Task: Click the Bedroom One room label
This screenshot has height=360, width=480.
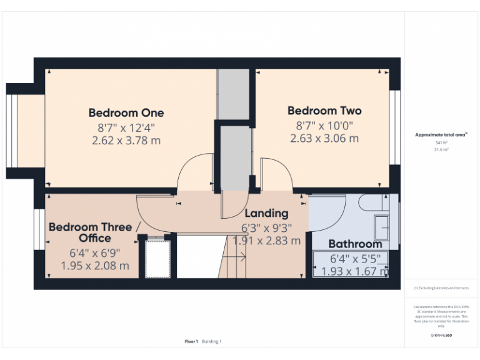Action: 126,113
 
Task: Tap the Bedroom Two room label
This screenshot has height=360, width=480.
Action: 324,111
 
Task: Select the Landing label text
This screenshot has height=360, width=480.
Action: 266,214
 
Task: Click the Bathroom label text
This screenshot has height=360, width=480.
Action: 355,244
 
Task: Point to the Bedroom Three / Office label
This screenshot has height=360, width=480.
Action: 94,232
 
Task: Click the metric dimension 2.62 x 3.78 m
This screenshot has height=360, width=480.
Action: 126,141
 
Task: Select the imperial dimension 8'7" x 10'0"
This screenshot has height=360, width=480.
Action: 324,125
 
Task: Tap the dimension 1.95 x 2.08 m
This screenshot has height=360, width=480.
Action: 95,266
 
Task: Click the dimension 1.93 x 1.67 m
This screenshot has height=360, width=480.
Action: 354,271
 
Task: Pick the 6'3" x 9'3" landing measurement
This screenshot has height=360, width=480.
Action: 266,227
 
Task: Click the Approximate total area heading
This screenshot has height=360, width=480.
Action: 441,134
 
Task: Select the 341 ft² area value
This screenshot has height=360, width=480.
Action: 441,143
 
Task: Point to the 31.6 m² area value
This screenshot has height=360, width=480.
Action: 441,150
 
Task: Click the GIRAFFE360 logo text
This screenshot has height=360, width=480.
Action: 441,336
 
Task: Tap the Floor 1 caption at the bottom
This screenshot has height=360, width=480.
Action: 191,341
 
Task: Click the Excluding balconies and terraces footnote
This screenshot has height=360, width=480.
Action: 441,288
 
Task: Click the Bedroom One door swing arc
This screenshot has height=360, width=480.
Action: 194,172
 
